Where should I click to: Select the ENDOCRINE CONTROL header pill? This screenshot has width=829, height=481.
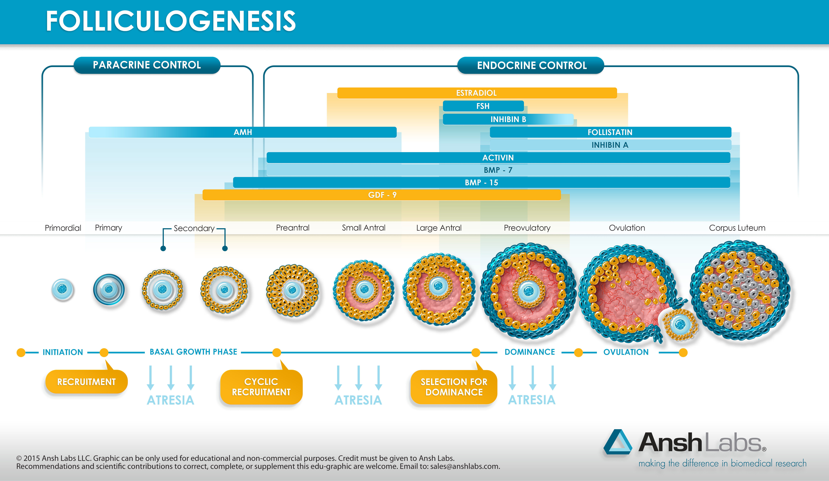[531, 65]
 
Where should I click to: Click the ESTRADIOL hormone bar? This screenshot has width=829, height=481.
[477, 93]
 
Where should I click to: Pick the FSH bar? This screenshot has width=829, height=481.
[483, 106]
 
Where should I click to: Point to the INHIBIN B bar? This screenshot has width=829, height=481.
[508, 119]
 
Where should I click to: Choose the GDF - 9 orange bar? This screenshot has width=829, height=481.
[382, 195]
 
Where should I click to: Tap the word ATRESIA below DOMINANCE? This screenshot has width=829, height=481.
[532, 400]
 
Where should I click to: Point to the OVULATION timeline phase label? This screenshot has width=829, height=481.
[626, 352]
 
